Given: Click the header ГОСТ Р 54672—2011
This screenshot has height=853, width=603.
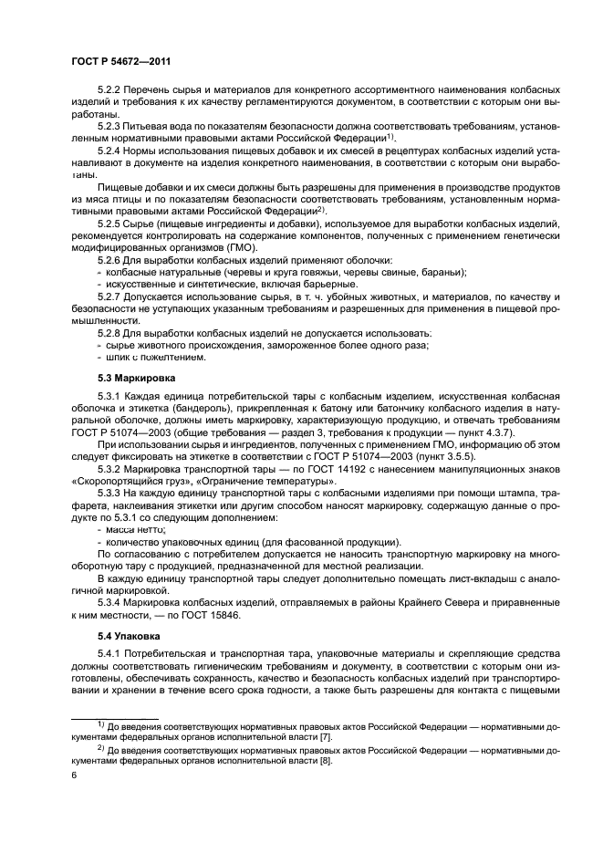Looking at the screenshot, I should pyautogui.click(x=120, y=61).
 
